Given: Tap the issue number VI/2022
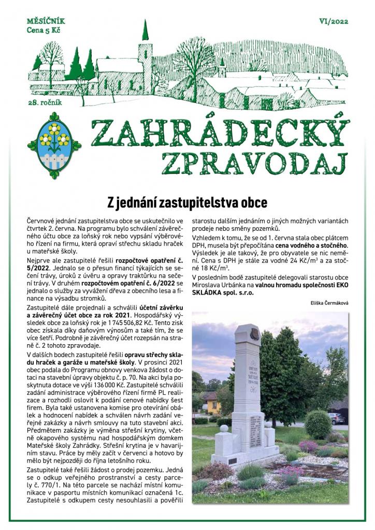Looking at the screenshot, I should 335,22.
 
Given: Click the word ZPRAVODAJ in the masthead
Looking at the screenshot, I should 254,163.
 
